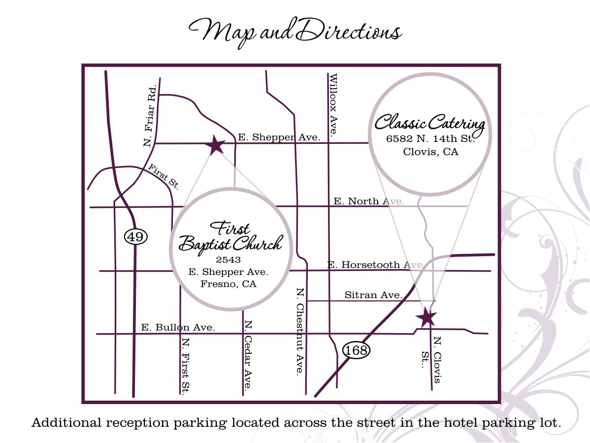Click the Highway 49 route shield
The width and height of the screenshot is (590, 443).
(135, 237)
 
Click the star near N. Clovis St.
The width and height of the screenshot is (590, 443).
(426, 317)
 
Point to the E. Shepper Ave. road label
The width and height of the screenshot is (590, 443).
(279, 137)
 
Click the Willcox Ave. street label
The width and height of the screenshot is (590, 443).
(333, 105)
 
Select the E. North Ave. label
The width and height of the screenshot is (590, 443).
(369, 201)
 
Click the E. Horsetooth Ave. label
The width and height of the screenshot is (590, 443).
(375, 265)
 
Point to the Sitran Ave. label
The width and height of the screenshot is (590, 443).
(373, 295)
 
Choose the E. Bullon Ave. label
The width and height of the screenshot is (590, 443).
(178, 327)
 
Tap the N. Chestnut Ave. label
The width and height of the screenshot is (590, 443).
(299, 331)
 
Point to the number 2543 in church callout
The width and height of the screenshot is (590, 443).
(228, 259)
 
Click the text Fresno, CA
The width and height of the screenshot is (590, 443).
(228, 284)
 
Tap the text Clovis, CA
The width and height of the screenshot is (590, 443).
(430, 152)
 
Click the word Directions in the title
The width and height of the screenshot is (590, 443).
(350, 32)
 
